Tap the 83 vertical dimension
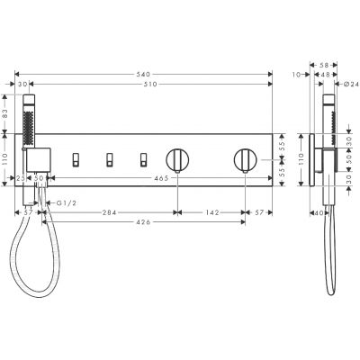(x=7, y=115)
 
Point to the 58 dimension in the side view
(x=324, y=66)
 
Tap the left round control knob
(x=177, y=161)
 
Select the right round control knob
(x=243, y=161)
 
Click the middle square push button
(x=110, y=161)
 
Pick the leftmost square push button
(x=76, y=161)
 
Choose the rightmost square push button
(x=142, y=161)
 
